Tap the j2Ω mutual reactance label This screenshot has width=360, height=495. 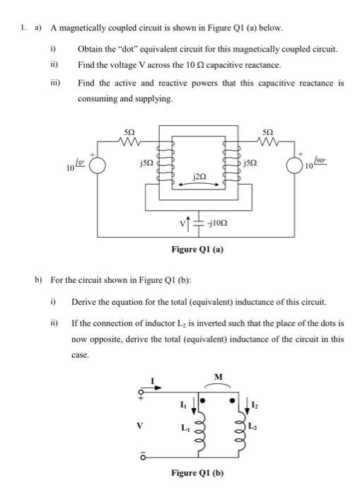point(197,174)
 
